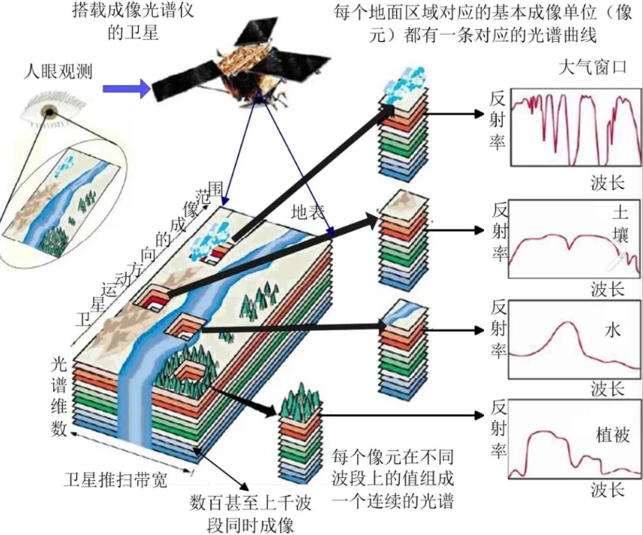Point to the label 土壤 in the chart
(620, 225)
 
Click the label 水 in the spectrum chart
(613, 330)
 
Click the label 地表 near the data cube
(307, 212)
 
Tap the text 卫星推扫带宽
(115, 478)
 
